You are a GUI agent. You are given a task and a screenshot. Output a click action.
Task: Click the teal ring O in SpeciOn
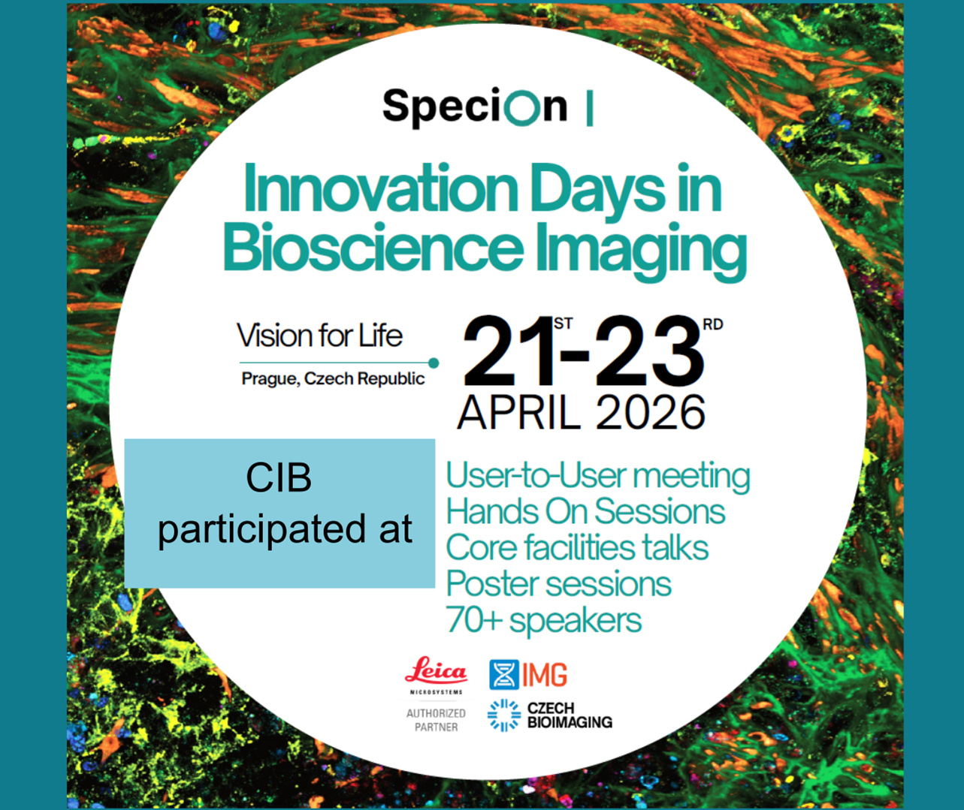[521, 107]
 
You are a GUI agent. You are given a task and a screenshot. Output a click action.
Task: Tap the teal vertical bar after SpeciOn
[590, 108]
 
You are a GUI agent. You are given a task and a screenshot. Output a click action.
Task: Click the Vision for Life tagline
[319, 336]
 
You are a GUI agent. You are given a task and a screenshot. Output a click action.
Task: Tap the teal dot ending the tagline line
[434, 363]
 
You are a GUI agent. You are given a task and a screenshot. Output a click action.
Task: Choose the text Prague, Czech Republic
[333, 378]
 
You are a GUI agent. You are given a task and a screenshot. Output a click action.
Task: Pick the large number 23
[650, 351]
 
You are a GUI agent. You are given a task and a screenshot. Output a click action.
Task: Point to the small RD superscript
[713, 324]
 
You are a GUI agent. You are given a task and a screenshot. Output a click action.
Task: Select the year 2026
[651, 412]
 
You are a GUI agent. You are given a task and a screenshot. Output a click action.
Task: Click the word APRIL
[518, 412]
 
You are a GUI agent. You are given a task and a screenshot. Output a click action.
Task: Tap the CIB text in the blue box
[279, 477]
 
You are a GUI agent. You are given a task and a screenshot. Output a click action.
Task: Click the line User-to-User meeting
[598, 476]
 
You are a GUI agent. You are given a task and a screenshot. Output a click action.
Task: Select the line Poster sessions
[559, 584]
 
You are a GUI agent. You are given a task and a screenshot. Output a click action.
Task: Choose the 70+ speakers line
[544, 621]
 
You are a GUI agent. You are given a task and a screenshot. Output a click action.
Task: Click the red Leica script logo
[437, 670]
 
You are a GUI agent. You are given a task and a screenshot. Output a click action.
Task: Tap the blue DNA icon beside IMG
[504, 675]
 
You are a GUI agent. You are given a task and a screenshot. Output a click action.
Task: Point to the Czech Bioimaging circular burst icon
[504, 715]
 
